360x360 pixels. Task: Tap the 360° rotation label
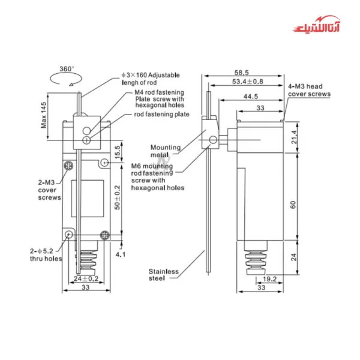(x=67, y=68)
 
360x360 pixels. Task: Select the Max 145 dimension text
(x=44, y=113)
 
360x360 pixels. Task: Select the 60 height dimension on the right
(x=293, y=204)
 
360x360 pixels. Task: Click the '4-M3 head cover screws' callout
(x=309, y=91)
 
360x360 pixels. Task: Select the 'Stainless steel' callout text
(x=164, y=275)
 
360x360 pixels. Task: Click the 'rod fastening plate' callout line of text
(x=161, y=114)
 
